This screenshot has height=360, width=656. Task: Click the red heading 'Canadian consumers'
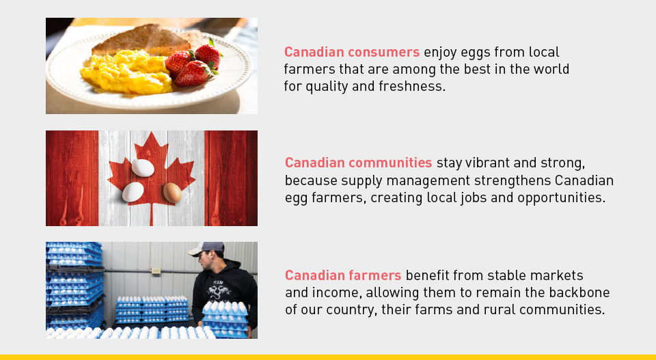click(x=352, y=52)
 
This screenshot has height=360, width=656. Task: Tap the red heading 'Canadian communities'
click(x=359, y=163)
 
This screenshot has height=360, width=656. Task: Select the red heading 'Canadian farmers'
click(x=343, y=275)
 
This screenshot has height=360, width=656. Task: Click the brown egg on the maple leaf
click(x=172, y=193)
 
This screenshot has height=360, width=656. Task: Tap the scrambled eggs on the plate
click(x=126, y=72)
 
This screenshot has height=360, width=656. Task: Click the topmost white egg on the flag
click(x=143, y=167)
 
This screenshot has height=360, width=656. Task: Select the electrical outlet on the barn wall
click(x=156, y=271)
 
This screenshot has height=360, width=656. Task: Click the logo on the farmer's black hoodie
click(x=219, y=289)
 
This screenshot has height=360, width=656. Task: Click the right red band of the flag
click(x=231, y=178)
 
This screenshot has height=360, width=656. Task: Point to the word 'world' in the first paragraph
click(x=551, y=69)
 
